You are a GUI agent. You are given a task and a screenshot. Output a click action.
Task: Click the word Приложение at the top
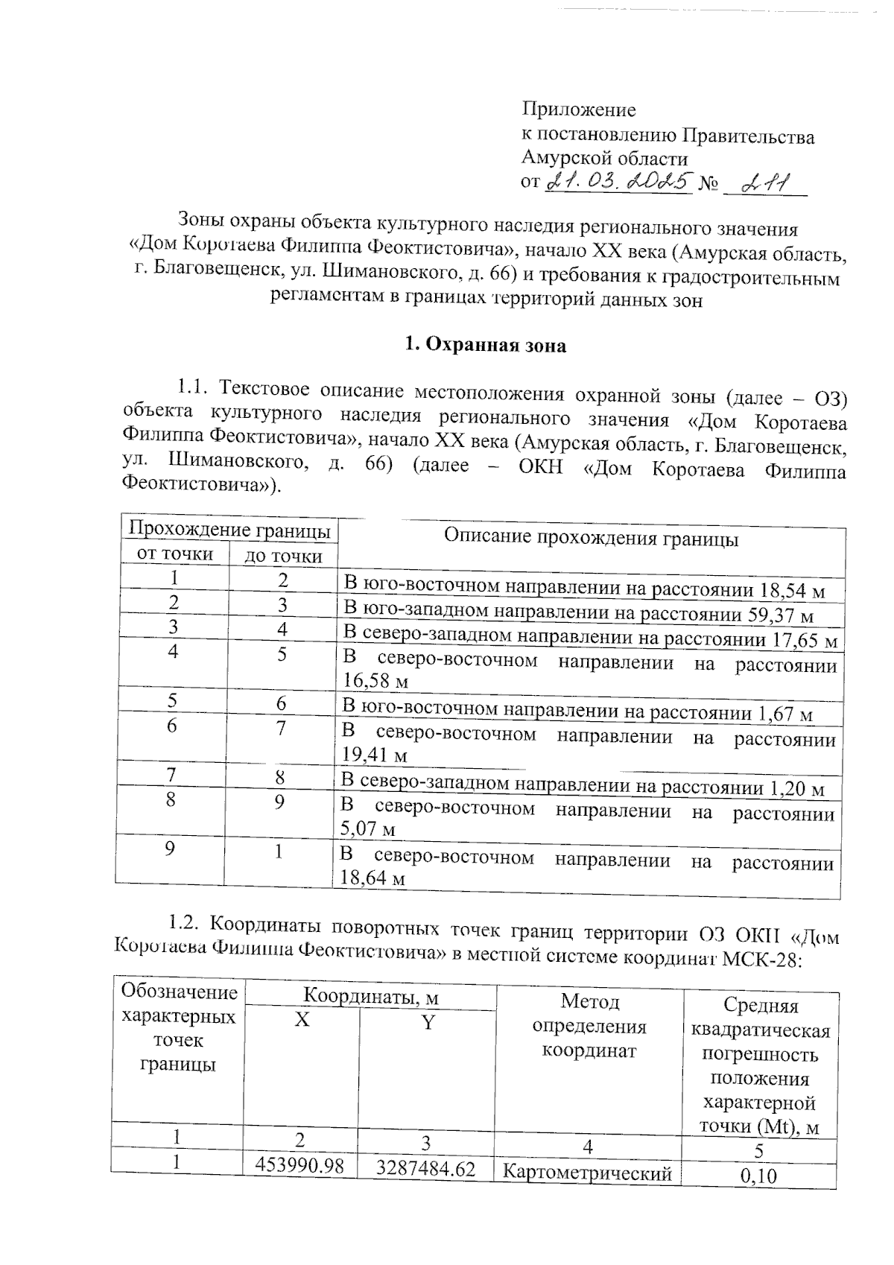click(578, 110)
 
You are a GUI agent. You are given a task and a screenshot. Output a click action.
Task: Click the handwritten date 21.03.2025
click(619, 181)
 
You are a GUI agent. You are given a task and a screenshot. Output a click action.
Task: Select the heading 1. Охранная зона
click(484, 346)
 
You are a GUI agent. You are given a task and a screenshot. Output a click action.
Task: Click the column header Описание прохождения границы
click(591, 537)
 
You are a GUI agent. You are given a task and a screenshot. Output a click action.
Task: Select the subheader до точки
click(284, 556)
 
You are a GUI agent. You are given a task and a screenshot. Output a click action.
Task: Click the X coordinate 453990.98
click(300, 1166)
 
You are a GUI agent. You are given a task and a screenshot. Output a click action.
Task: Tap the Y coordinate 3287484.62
click(425, 1168)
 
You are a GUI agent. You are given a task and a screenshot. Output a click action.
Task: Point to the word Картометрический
click(587, 1173)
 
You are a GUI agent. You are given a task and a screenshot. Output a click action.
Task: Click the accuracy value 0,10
click(759, 1176)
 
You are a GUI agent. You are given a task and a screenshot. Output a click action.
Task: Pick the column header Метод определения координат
click(589, 1026)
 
